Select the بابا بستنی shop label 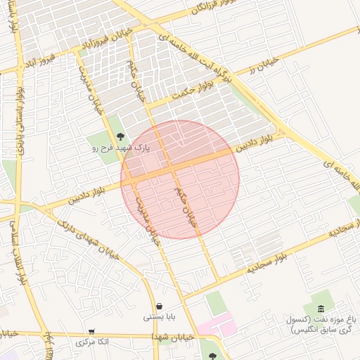(x=161, y=317)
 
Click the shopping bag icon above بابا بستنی (x=162, y=307)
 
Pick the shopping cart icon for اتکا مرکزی (x=91, y=332)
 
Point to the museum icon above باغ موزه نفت (x=321, y=309)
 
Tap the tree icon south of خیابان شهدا (x=213, y=355)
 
